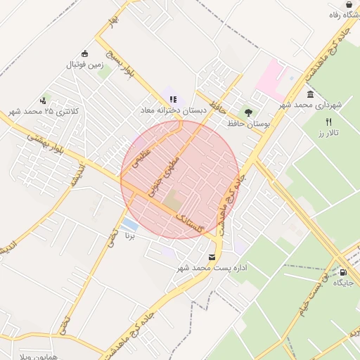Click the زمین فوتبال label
[84, 65]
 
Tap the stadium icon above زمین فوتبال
[85, 54]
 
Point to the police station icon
[44, 101]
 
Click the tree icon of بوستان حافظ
[247, 112]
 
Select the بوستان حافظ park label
[248, 123]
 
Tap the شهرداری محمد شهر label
[310, 105]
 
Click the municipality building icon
[310, 94]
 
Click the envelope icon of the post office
[212, 257]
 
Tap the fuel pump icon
[343, 272]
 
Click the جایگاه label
[343, 283]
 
